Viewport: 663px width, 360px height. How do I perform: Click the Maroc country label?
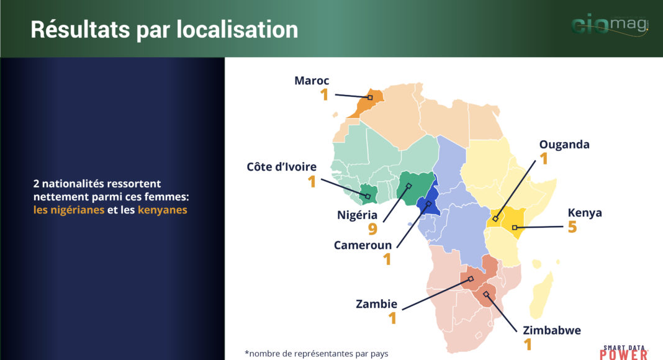312,81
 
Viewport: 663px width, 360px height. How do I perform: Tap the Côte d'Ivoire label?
282,167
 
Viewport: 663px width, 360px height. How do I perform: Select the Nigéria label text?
358,215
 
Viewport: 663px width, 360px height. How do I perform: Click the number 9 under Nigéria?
372,229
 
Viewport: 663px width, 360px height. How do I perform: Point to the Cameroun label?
363,246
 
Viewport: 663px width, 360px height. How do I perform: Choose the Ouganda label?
564,145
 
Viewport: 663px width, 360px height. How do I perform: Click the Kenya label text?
585,213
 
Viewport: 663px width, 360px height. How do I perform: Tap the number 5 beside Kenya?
572,227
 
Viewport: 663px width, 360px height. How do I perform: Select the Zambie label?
376,304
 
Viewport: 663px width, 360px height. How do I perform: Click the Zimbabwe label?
552,330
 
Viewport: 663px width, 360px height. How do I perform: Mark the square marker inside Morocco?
370,97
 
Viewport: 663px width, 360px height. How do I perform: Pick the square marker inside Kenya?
515,228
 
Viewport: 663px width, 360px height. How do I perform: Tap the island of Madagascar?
542,295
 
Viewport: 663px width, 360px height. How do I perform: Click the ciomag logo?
610,24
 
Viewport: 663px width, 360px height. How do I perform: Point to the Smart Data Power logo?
624,353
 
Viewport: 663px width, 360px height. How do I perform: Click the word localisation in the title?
237,30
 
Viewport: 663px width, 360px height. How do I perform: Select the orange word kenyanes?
163,210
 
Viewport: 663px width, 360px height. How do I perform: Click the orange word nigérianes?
69,210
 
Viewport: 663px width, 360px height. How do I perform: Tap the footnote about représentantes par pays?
317,354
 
